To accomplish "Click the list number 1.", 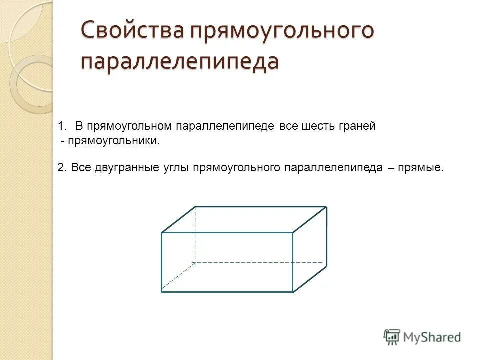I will click(x=62, y=126).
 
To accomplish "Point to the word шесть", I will click(x=318, y=126).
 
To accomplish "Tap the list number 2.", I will click(x=61, y=168).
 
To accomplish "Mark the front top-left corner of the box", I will click(x=162, y=232).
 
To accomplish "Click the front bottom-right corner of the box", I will click(x=293, y=292).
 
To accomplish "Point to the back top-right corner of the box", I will click(x=326, y=207).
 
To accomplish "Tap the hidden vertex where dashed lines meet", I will click(x=195, y=262).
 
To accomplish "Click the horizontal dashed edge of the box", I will click(x=260, y=262).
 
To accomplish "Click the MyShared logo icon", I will click(x=392, y=337).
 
